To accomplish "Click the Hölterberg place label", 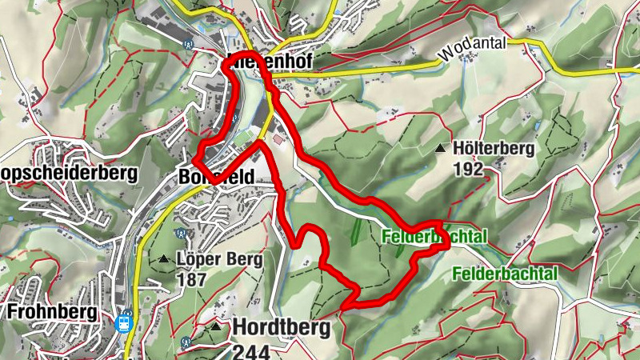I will point(493,148).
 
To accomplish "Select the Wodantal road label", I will point(472,50).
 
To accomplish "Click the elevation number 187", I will point(193,280).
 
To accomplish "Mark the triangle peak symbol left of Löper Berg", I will point(163,259).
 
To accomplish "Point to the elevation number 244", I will point(252,350).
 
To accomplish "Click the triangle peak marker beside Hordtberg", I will point(216,326).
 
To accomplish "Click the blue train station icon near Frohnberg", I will point(124,323).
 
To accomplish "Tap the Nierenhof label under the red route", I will point(268,62).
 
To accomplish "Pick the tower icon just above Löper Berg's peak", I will point(181,234).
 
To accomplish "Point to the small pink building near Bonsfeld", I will point(278,139).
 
